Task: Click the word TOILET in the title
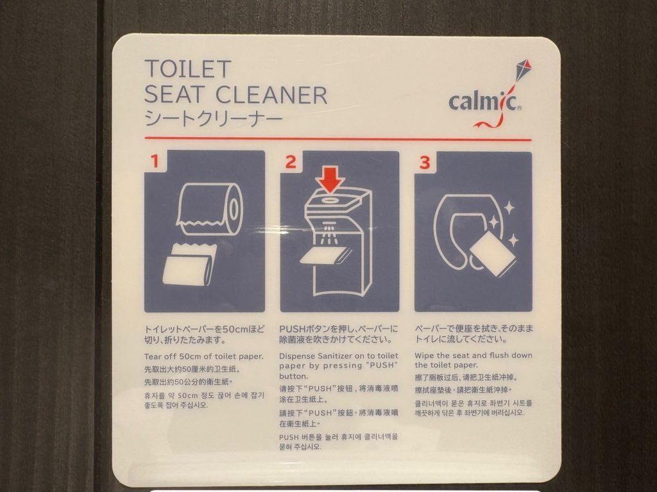188,69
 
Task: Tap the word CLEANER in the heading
271,95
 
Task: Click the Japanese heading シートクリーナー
213,119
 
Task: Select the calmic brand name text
482,102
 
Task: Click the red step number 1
155,161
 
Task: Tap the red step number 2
291,161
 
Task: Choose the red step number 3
425,162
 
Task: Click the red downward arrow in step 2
330,180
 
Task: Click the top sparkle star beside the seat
508,208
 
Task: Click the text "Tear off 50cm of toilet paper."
203,356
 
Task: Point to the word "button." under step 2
293,376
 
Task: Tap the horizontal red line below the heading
337,139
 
